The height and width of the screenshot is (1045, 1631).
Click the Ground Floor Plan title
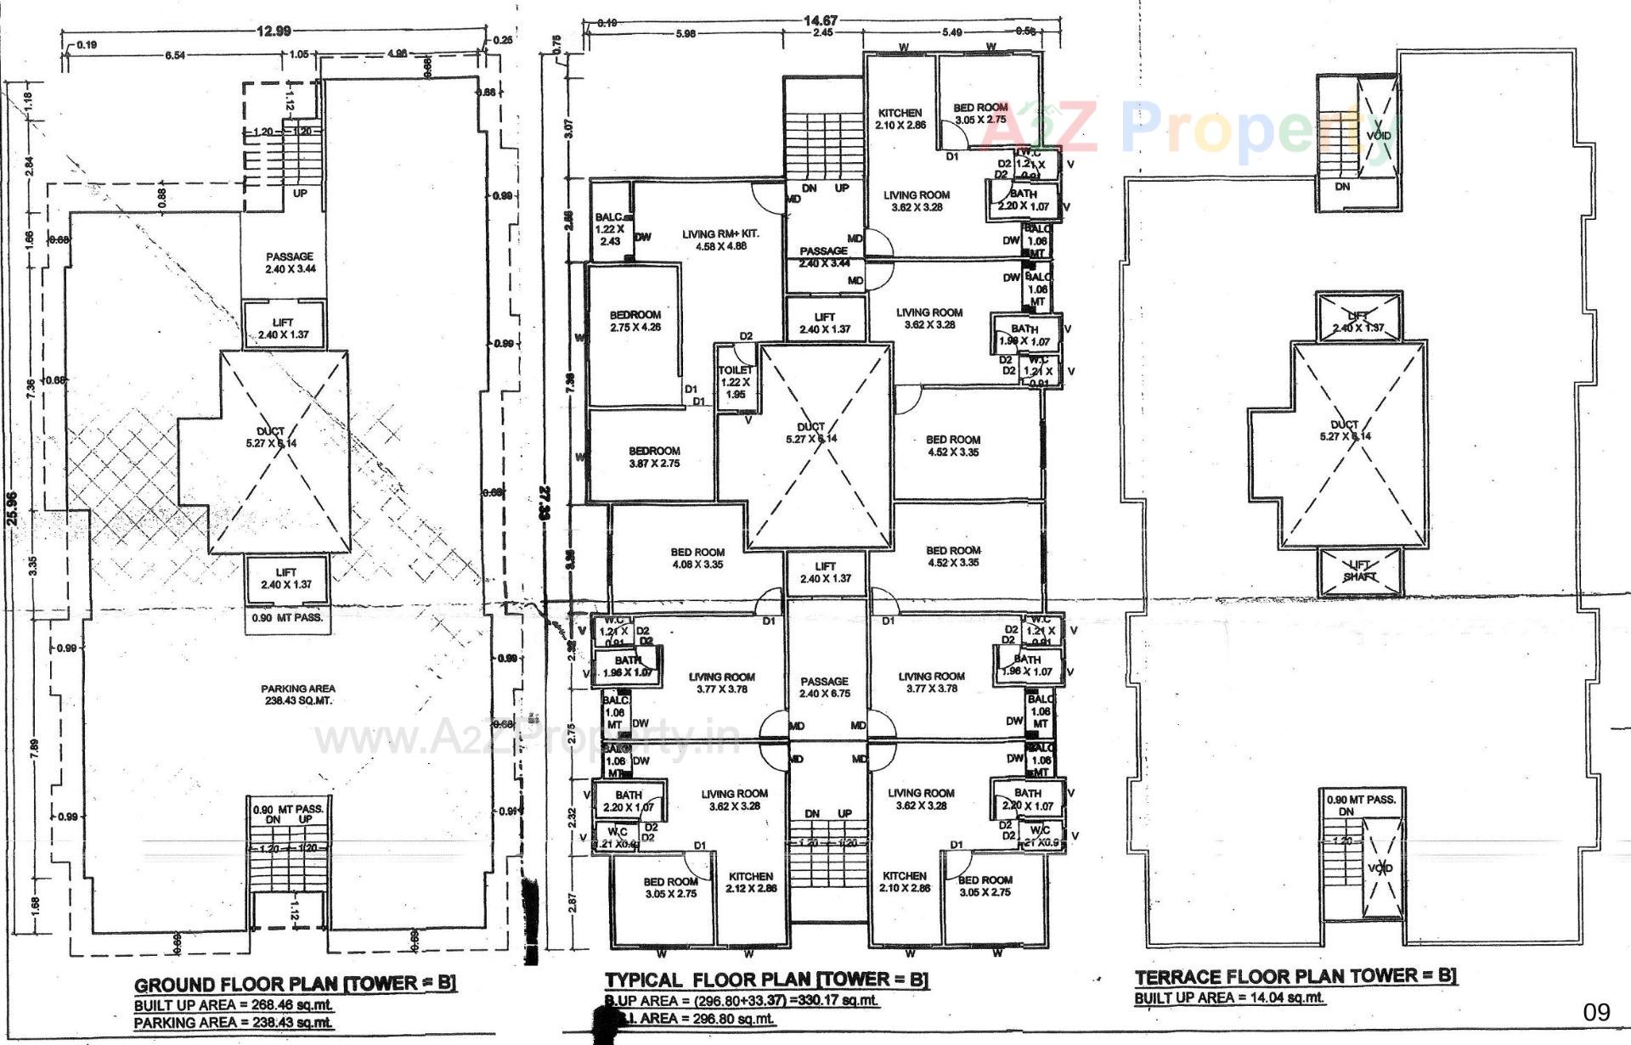click(295, 984)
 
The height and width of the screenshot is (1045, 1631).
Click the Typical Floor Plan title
click(766, 980)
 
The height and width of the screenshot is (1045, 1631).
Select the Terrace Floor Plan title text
click(1295, 976)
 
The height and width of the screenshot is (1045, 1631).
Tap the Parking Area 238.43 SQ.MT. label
click(297, 694)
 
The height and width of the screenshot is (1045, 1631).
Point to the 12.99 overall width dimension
click(274, 31)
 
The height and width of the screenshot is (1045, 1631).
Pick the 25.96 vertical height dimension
click(12, 509)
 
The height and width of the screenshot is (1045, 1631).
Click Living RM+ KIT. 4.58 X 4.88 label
click(720, 239)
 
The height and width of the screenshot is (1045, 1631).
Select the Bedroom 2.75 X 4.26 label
click(635, 321)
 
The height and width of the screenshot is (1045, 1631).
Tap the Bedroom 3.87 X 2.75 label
click(654, 457)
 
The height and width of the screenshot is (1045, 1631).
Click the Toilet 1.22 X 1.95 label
click(735, 382)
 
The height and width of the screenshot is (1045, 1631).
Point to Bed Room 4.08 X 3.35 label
click(697, 558)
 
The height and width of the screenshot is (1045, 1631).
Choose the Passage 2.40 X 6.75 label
click(824, 687)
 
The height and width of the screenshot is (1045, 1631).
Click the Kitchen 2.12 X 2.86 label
click(750, 882)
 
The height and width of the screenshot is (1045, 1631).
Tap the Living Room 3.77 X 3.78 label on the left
click(721, 683)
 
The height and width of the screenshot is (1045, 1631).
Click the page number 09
click(1596, 1011)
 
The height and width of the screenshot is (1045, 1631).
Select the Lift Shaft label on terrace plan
click(1359, 570)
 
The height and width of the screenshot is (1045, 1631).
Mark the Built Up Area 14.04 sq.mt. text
click(1229, 997)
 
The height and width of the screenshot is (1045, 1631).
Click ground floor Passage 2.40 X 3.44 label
click(290, 262)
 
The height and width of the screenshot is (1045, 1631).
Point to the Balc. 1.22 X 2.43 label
click(609, 229)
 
